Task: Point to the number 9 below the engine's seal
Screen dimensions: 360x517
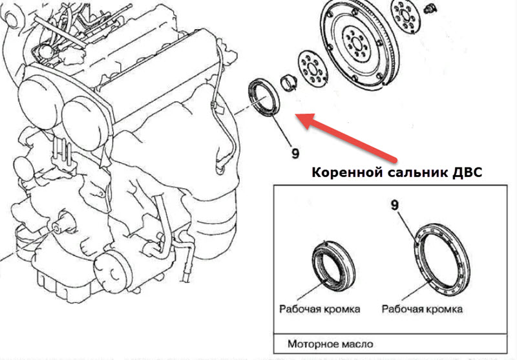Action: point(295,153)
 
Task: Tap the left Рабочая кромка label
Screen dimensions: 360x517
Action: point(320,309)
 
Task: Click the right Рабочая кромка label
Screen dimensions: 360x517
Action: point(422,309)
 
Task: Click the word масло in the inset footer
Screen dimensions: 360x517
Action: point(357,344)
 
